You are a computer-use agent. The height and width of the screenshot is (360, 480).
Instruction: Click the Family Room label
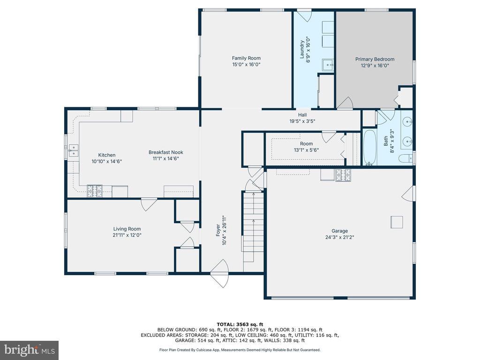(246, 58)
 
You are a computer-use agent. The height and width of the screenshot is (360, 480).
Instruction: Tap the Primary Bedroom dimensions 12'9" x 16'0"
(375, 66)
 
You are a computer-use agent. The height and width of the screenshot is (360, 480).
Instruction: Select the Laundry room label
(302, 49)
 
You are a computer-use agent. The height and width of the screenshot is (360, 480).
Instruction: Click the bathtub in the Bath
(370, 147)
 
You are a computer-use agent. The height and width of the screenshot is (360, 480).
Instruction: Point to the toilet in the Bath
(405, 158)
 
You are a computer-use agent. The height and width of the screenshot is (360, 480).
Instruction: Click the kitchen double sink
(73, 150)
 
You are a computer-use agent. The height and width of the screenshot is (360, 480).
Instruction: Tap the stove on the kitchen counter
(95, 191)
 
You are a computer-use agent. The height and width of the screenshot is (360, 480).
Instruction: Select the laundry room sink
(328, 65)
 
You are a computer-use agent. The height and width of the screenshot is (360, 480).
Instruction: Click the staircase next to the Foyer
(254, 226)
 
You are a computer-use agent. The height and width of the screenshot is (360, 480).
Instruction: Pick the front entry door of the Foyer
(220, 273)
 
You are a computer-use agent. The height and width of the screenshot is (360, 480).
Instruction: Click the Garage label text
(340, 231)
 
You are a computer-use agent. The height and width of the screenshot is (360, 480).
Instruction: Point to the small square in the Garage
(397, 222)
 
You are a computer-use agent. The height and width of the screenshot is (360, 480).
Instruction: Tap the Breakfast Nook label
(166, 152)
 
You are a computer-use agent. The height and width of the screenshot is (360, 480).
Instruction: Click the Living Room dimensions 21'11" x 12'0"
(127, 235)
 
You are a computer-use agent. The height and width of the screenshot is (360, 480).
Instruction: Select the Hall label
(302, 115)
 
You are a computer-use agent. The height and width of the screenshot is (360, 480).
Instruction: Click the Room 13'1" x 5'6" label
(307, 147)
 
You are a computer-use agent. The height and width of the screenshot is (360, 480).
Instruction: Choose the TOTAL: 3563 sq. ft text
(240, 324)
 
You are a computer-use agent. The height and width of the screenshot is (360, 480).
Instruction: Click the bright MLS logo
(30, 350)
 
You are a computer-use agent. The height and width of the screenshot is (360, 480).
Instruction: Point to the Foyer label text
(218, 230)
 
